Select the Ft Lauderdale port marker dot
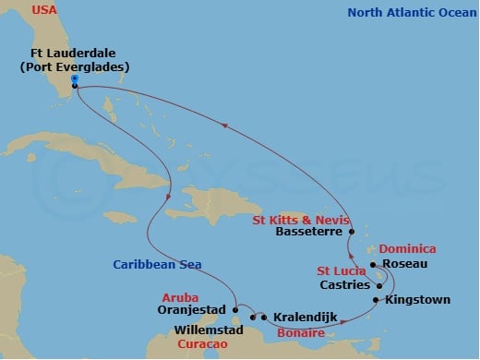(x=75, y=87)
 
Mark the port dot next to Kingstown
(x=376, y=300)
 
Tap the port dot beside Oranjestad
(x=236, y=309)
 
